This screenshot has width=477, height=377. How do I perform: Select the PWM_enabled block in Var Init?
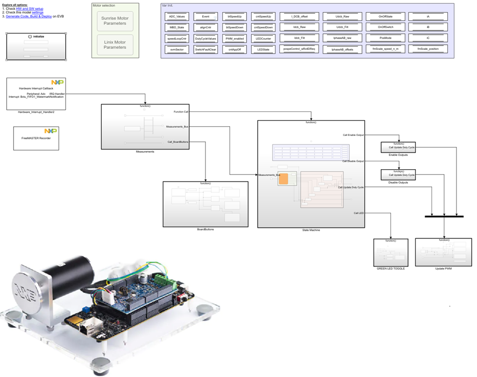tap(235, 38)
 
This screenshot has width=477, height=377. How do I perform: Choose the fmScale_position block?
tap(428, 49)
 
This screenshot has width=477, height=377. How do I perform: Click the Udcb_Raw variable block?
tap(342, 17)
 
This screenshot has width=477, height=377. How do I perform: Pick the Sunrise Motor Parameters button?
tap(115, 21)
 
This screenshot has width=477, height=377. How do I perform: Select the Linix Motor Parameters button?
tap(115, 45)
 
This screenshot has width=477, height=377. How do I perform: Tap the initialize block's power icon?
tap(30, 37)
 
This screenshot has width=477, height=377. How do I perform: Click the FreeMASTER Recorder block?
tap(36, 138)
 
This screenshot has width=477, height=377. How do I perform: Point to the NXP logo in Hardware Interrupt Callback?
tap(57, 82)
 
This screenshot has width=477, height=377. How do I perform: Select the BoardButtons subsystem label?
tap(205, 229)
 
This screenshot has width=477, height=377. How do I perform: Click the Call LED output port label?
tap(359, 213)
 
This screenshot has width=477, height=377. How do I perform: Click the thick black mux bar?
tap(444, 216)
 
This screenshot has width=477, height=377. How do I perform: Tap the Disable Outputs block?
tap(397, 175)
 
